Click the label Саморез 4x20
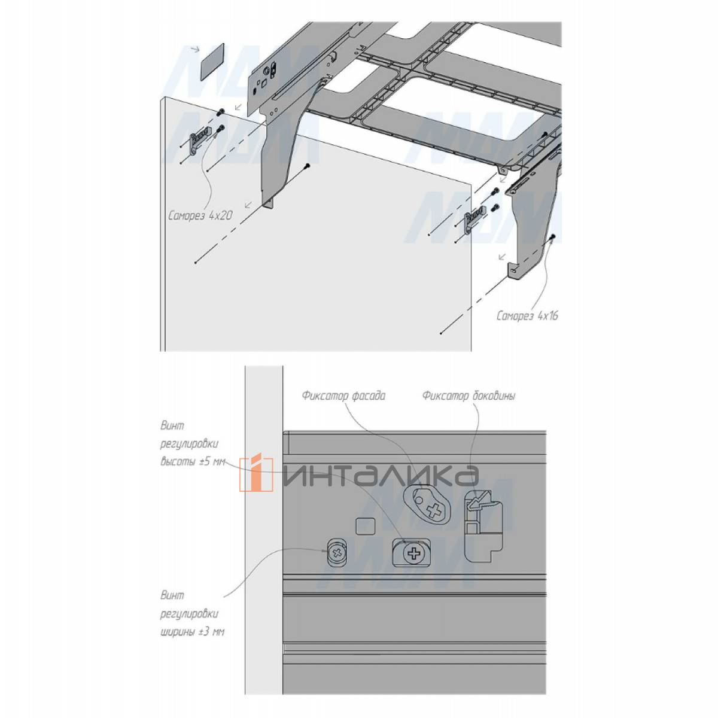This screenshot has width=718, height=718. (x=200, y=216)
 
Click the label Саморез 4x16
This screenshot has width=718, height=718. (x=527, y=316)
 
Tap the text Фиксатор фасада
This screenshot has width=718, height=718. (x=343, y=395)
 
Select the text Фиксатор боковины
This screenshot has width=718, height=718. (x=468, y=395)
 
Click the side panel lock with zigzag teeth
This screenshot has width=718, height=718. (x=483, y=525)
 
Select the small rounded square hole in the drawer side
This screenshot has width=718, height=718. (x=365, y=526)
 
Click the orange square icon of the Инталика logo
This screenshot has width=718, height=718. (x=256, y=474)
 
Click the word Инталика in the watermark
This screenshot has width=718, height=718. (x=381, y=476)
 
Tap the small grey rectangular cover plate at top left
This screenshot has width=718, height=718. (x=212, y=62)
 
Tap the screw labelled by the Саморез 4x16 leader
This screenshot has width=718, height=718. (x=553, y=237)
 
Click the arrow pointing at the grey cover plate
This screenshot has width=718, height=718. (x=194, y=49)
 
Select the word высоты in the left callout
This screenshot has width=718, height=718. (x=174, y=462)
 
